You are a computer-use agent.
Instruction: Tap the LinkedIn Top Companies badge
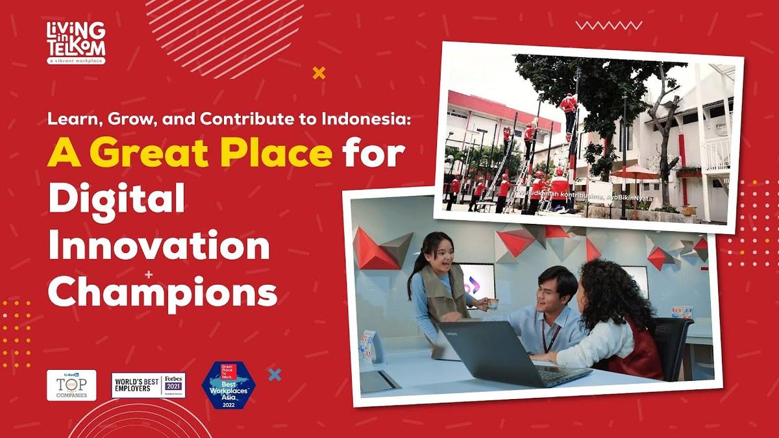click(71, 385)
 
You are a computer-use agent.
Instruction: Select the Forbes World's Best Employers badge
click(148, 385)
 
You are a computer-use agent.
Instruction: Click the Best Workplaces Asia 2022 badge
click(229, 385)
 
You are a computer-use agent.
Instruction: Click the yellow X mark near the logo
click(319, 73)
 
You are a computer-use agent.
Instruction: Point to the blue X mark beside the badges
click(275, 374)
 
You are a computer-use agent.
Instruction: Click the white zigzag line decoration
click(608, 25)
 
